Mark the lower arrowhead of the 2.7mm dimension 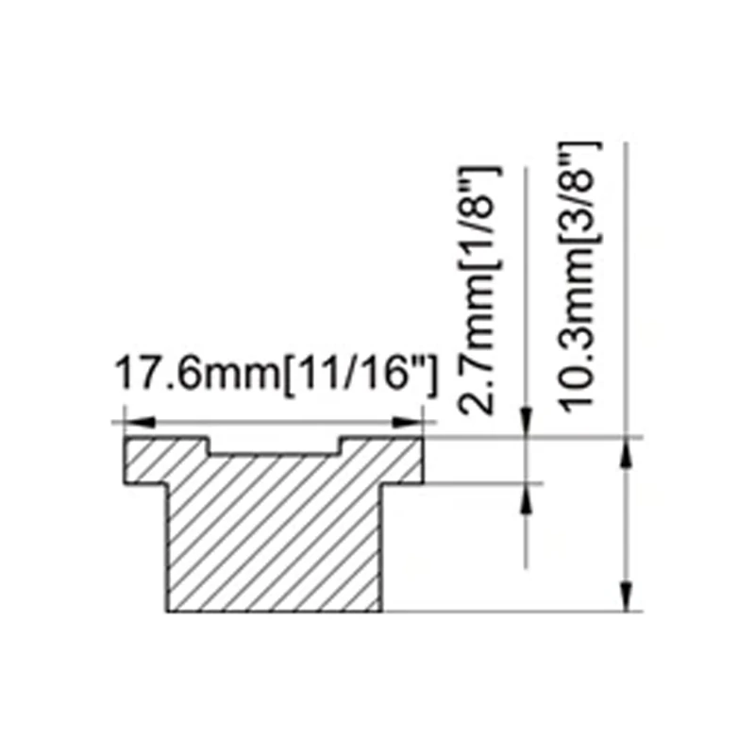click(x=525, y=495)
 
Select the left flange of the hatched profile click(x=147, y=462)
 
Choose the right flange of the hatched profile click(x=401, y=462)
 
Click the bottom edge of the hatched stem click(x=274, y=611)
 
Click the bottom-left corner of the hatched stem click(x=167, y=610)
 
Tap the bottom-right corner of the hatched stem click(x=382, y=610)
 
